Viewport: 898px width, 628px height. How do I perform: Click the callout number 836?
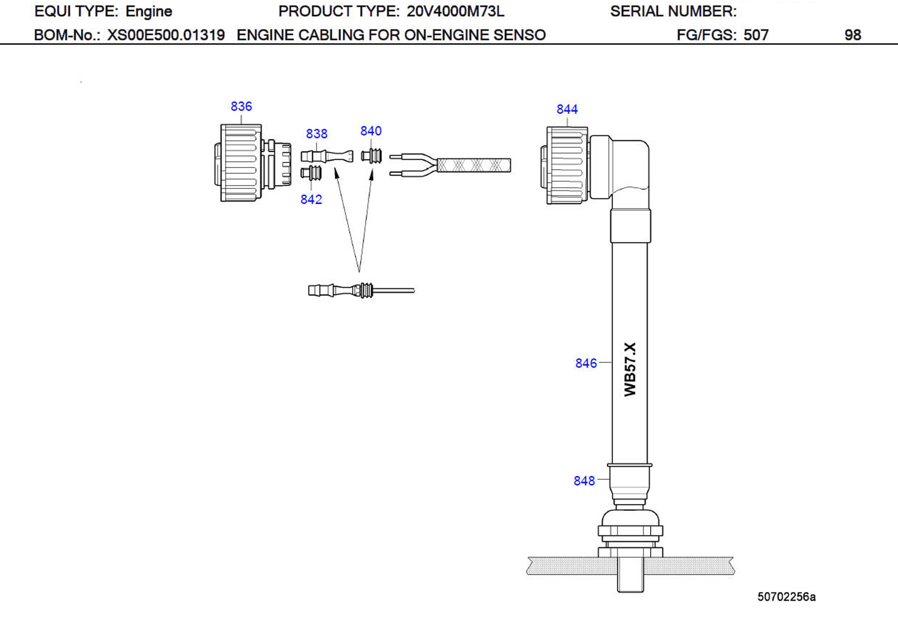tap(241, 106)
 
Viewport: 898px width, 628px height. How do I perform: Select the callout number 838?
tap(316, 134)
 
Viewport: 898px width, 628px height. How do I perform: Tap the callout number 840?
tap(371, 131)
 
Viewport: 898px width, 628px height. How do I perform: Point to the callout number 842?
tap(311, 199)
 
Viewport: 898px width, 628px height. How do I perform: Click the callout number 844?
tap(567, 109)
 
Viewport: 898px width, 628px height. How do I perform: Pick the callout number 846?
tap(586, 363)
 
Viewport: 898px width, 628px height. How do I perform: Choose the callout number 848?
tap(584, 481)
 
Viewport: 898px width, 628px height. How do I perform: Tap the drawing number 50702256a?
tap(786, 597)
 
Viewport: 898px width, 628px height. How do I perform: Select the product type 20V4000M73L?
tap(455, 11)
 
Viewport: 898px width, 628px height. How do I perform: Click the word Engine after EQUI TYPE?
tap(149, 11)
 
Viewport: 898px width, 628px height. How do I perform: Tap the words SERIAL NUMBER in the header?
tap(673, 11)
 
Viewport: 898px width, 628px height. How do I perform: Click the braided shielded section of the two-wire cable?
tap(473, 165)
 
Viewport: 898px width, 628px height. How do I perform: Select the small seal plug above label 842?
tap(312, 173)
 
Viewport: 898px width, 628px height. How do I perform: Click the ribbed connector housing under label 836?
tap(240, 163)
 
